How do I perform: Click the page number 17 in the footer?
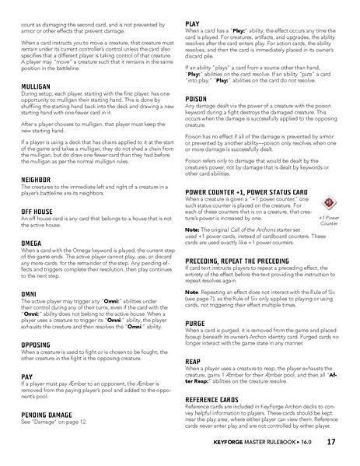coord(331,443)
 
